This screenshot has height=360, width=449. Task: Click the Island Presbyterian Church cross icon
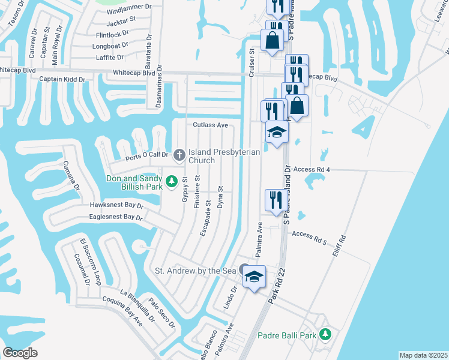[x=179, y=155]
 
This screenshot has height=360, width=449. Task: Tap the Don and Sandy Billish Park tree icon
[x=171, y=180]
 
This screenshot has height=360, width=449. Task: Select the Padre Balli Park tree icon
[x=325, y=334]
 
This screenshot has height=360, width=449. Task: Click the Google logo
[x=20, y=353]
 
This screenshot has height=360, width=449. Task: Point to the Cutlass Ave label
[x=211, y=125]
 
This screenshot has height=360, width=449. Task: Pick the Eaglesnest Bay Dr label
[x=115, y=217]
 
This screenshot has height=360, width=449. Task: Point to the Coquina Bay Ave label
[x=122, y=310]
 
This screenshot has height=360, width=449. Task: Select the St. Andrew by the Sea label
[x=197, y=271]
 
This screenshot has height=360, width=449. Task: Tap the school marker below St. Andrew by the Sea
[x=254, y=277]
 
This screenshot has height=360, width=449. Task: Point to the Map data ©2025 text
[x=423, y=355]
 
